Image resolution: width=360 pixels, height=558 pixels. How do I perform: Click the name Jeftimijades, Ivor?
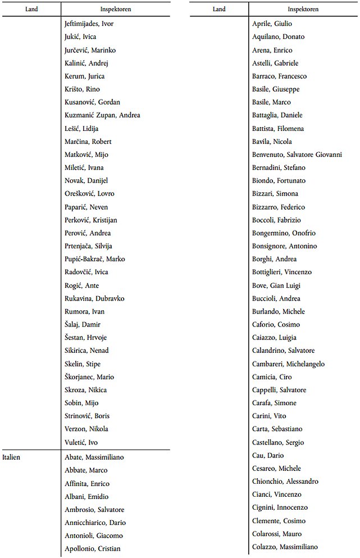point(89,24)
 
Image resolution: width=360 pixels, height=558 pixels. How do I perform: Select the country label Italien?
point(11,457)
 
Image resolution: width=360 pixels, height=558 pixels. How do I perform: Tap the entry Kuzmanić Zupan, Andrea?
point(102,115)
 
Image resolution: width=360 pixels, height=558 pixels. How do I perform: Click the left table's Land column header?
point(31,9)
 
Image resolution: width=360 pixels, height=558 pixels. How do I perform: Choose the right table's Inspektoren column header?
point(303,9)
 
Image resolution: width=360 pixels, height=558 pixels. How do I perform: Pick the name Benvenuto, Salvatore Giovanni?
point(297,155)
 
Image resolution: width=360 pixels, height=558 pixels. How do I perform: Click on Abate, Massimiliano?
point(94,457)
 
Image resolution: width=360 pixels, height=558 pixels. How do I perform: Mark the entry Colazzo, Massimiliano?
point(285,547)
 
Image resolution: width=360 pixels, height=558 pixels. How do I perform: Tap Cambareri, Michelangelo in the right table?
point(288,364)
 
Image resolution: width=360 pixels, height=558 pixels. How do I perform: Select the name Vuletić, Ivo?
point(81,442)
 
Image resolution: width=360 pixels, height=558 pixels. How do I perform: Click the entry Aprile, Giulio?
point(272,24)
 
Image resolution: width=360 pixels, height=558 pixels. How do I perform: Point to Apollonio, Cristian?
point(92,548)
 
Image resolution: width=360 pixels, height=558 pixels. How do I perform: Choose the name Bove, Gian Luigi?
point(276,285)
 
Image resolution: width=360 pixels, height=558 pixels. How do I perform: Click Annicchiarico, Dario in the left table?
point(94,523)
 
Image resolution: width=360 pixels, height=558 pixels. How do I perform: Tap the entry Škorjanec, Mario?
point(89,377)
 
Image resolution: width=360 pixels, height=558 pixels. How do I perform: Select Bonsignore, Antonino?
point(284,246)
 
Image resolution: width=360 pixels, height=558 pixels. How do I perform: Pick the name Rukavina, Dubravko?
point(94,298)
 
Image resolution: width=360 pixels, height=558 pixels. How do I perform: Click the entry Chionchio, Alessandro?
point(285,482)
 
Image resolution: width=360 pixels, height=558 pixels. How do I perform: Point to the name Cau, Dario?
point(268,455)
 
